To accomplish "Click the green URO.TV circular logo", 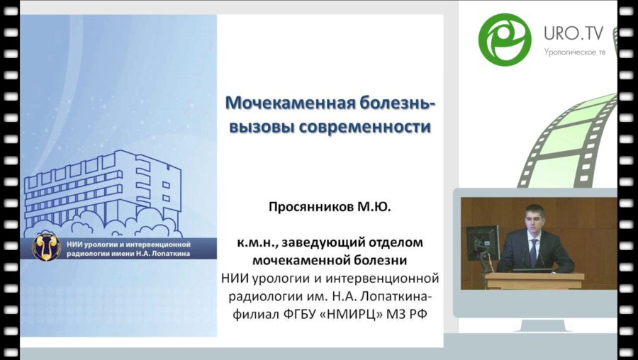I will [505, 40].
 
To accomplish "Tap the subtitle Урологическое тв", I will [578, 52].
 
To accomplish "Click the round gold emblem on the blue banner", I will [46, 247].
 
